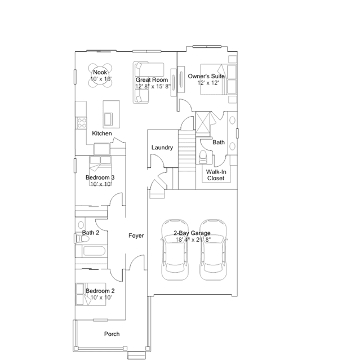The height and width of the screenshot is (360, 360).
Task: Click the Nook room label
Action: coord(100,72)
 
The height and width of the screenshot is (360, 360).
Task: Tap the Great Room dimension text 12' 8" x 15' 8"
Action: coord(153,87)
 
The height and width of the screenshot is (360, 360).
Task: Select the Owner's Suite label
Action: coord(206,76)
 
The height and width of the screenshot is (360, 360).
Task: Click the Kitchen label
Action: coord(102,134)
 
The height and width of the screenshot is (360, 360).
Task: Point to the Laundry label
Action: coord(162,148)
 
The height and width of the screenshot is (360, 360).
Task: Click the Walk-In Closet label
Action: coord(216,175)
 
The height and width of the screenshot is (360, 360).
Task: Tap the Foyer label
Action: coord(136,235)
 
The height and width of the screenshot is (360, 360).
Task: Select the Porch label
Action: coord(112,334)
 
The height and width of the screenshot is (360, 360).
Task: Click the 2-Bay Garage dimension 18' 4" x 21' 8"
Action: coord(193,239)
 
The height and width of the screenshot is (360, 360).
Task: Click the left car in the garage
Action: coord(175,250)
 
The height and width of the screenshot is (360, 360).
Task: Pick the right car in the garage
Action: coord(213,250)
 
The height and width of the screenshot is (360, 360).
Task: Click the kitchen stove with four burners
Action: coord(81,123)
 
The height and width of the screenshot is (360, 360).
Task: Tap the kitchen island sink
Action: coord(108,118)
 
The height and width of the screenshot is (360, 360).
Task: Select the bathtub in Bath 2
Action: coord(91,251)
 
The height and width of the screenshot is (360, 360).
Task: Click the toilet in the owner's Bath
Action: coord(203,157)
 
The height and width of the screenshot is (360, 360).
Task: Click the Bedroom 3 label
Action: coord(100,177)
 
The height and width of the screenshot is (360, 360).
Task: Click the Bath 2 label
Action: coord(91,233)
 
